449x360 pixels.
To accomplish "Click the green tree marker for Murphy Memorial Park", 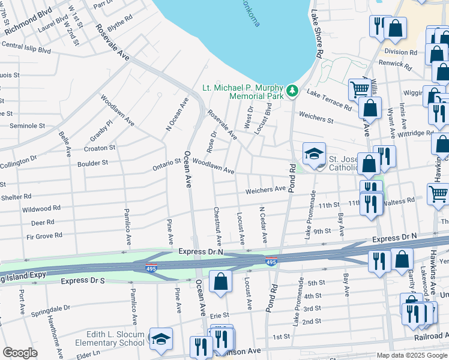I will click(x=292, y=91).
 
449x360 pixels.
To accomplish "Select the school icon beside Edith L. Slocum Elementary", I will click(x=160, y=340).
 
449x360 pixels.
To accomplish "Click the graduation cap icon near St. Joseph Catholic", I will click(x=313, y=154).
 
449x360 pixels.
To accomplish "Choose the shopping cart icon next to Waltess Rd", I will click(x=438, y=194).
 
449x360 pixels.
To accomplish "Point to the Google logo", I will click(x=20, y=353).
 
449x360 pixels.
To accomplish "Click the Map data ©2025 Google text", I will click(x=412, y=355).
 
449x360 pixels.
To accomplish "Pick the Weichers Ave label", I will click(x=265, y=190).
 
